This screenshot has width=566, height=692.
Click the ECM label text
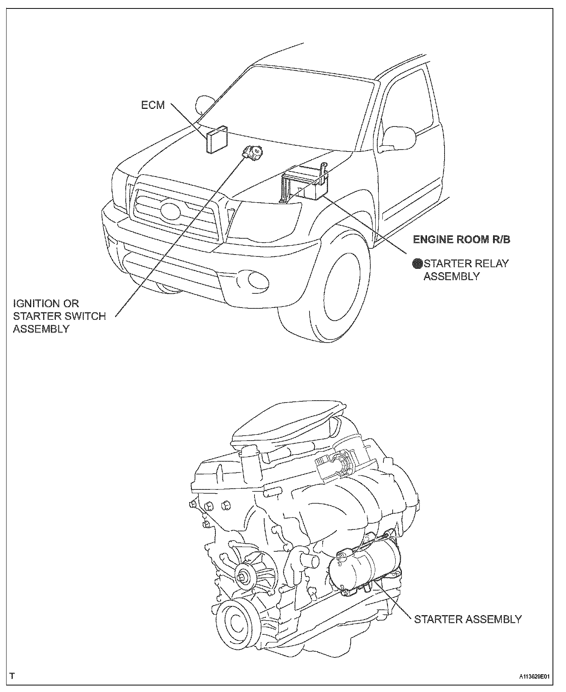pos(153,105)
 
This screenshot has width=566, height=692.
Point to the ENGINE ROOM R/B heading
pos(461,240)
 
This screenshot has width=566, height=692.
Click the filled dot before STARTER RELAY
pos(417,263)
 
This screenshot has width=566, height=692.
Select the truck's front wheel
pos(342,288)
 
